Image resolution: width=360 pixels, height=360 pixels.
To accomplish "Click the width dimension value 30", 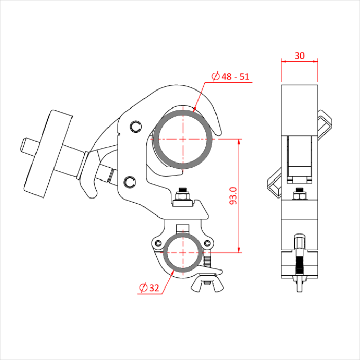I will [x=299, y=55].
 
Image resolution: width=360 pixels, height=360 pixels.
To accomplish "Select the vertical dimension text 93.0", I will [x=232, y=196].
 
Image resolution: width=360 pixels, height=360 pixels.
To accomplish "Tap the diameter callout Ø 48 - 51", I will [x=231, y=77].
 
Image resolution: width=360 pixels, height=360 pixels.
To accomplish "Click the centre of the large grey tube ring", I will [x=184, y=139].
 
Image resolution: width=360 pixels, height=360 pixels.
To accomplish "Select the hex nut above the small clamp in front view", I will [x=183, y=195].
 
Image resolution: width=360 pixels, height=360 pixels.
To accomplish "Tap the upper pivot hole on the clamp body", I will [x=135, y=126].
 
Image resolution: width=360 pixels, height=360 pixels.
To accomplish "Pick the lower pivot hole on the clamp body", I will [x=129, y=181].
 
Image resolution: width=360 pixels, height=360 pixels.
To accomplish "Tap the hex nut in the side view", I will [x=299, y=195].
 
